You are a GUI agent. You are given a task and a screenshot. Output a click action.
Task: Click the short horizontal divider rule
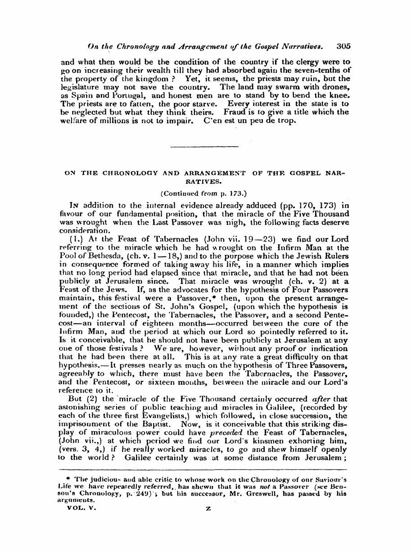point(205,146)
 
